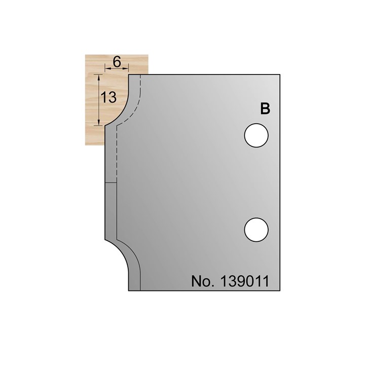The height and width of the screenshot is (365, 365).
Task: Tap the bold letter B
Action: [265, 108]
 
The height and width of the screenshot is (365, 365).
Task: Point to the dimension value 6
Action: [116, 62]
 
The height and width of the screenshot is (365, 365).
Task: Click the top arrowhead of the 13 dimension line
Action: [98, 76]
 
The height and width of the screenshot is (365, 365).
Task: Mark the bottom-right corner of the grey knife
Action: [280, 290]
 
